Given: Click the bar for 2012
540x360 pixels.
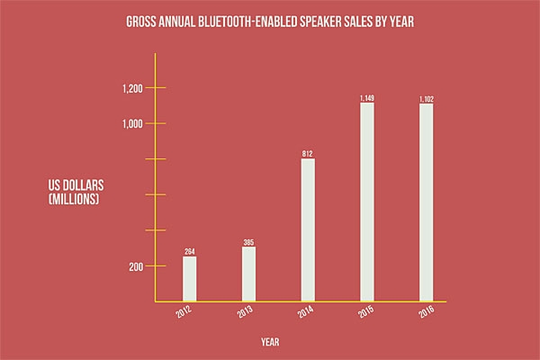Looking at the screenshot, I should pyautogui.click(x=189, y=279).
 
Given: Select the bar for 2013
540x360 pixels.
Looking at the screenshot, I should pyautogui.click(x=248, y=274).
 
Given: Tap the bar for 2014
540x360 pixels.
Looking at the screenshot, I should pyautogui.click(x=307, y=230).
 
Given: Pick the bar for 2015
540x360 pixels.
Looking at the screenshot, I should pyautogui.click(x=366, y=202).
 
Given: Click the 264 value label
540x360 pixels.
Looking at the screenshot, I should pyautogui.click(x=189, y=252).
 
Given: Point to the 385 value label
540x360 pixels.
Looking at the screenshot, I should pyautogui.click(x=248, y=242).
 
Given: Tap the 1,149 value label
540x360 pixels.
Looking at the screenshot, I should pyautogui.click(x=366, y=97).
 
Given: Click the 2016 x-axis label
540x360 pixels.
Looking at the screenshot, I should pyautogui.click(x=424, y=315).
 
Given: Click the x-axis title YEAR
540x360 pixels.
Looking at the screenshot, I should pyautogui.click(x=269, y=342).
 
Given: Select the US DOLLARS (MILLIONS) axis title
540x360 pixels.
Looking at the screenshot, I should pyautogui.click(x=76, y=193).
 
